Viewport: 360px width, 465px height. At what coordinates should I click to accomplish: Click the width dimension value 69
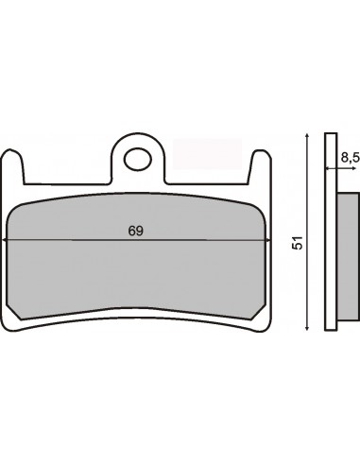coord(136,231)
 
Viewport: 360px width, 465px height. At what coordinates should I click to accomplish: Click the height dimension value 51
coord(297,243)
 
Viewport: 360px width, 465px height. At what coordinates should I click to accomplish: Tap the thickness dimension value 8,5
coord(350,158)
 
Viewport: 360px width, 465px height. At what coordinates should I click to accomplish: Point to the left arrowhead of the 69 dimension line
coord(5,240)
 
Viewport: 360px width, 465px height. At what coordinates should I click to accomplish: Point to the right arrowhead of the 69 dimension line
coord(267,240)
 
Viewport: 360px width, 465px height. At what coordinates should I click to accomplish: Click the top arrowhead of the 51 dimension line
coord(307,136)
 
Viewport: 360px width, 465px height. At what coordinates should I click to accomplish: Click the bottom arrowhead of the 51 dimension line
coord(307,327)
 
